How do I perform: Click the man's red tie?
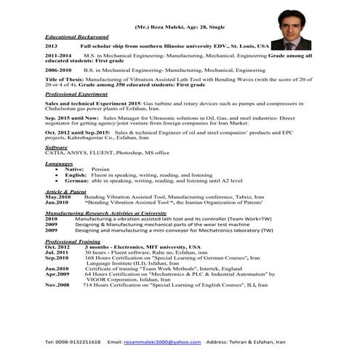pyautogui.click(x=290, y=44)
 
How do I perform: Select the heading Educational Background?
pyautogui.click(x=76, y=36)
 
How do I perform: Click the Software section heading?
pyautogui.click(x=56, y=147)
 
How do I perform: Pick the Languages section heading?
pyautogui.click(x=58, y=164)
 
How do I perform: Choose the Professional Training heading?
pyautogui.click(x=73, y=240)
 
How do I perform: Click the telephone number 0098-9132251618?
pyautogui.click(x=73, y=341)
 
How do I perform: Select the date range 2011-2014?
pyautogui.click(x=58, y=55)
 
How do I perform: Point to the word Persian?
pyautogui.click(x=100, y=169)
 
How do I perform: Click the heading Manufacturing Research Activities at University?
pyautogui.click(x=105, y=213)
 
